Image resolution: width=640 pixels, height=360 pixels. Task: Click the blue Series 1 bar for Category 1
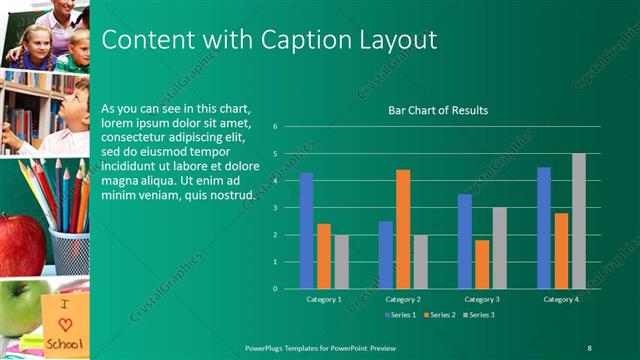[x=306, y=231]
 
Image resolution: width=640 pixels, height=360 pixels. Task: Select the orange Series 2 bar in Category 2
[x=403, y=229]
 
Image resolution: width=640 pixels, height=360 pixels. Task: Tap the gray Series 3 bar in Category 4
[x=579, y=221]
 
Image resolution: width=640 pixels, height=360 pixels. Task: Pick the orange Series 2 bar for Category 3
[x=482, y=264]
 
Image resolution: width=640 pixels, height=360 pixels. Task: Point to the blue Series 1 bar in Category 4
[x=544, y=228]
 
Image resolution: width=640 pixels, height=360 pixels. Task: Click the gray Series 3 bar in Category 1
[x=342, y=262]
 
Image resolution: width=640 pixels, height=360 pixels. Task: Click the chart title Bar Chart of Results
[x=438, y=110]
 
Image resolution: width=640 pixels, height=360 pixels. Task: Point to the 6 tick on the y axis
[x=288, y=127]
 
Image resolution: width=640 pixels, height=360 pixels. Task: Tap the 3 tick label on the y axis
[x=288, y=208]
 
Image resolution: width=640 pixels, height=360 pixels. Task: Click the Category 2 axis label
[x=403, y=299]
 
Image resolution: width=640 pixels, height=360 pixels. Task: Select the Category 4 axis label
[x=560, y=299]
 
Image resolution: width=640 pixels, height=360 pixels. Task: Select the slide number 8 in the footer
[x=589, y=347]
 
